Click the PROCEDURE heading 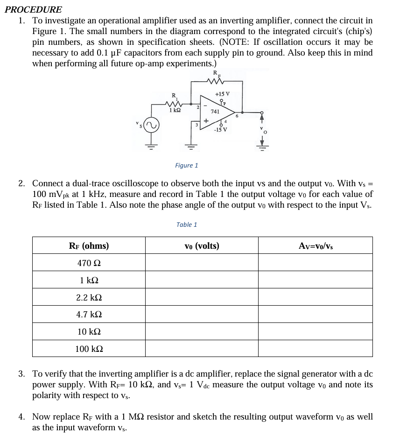tap(33, 9)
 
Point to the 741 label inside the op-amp tap(215, 112)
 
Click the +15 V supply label tap(222, 94)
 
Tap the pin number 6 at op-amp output tap(237, 116)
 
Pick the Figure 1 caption tap(186, 165)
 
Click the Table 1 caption tap(186, 224)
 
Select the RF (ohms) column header tap(89, 245)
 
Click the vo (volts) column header tap(202, 245)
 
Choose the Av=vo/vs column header tap(316, 245)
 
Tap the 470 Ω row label tap(89, 263)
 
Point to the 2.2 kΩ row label tap(89, 297)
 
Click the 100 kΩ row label tap(89, 349)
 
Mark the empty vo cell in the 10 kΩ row tap(202, 331)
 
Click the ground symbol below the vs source tap(150, 144)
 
